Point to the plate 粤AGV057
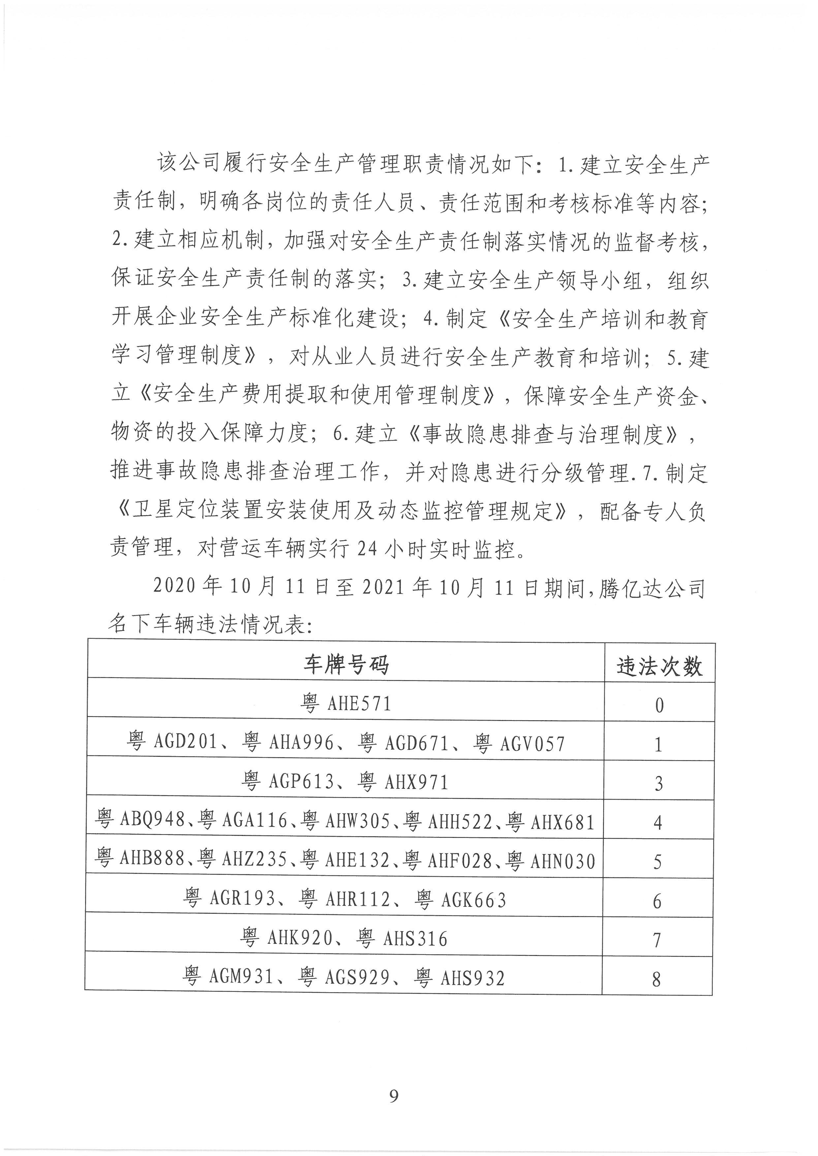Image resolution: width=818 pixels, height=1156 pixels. coord(519,743)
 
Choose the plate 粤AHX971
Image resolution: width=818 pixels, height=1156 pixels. coord(403,782)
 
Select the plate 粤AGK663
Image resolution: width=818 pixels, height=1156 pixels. coord(460,900)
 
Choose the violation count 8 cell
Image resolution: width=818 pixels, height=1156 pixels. coord(656,979)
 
